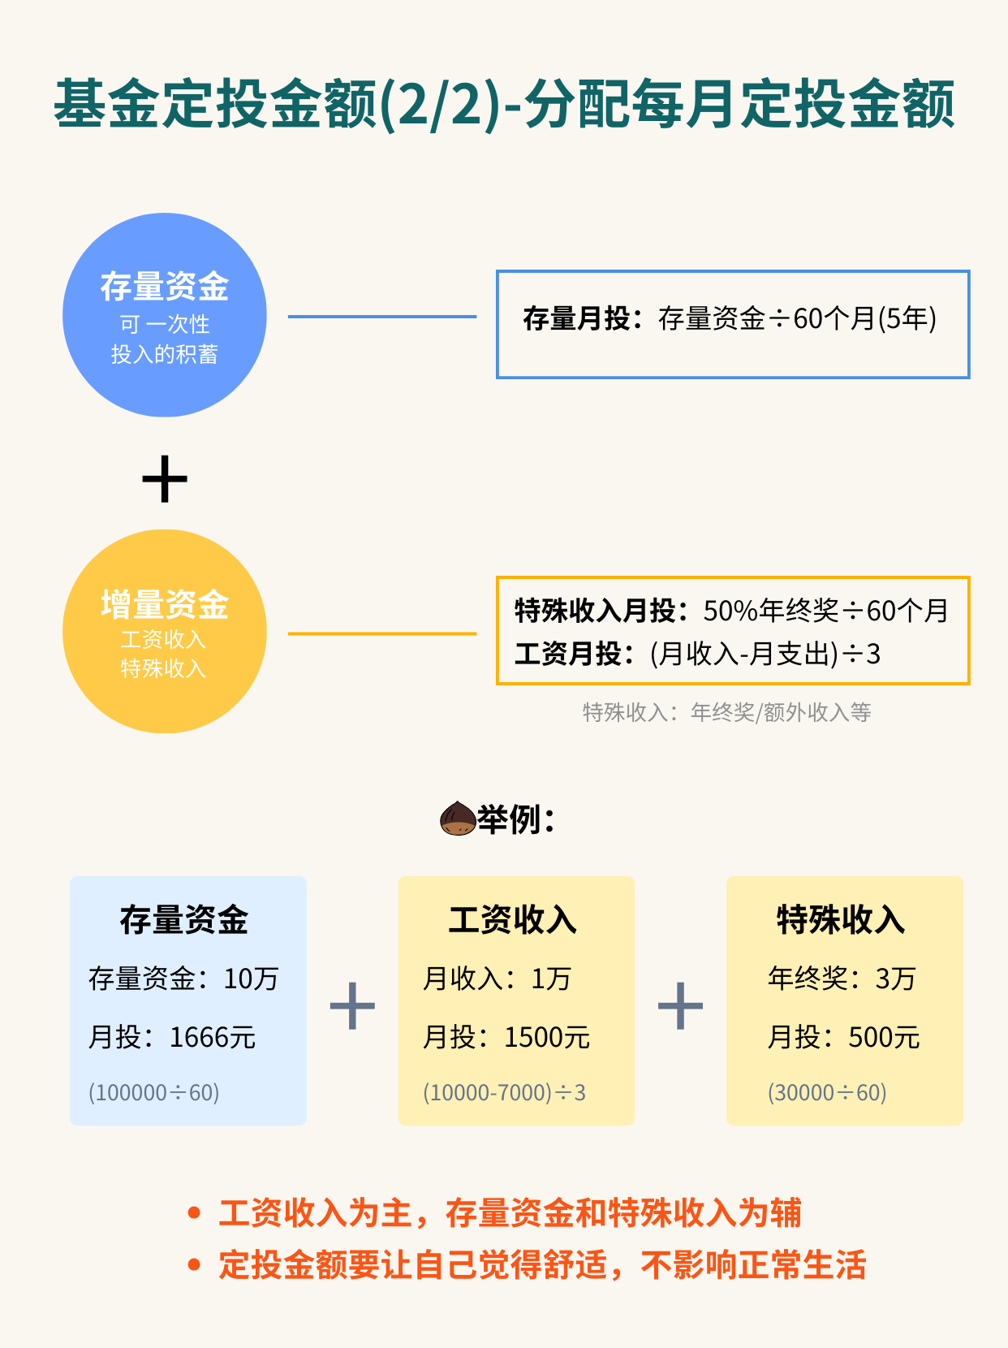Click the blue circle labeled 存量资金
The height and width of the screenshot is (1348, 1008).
pos(165,315)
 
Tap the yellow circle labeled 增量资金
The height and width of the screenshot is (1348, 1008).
pos(165,632)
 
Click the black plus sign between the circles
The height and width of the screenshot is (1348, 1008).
pos(165,478)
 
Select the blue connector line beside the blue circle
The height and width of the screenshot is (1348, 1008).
pos(382,317)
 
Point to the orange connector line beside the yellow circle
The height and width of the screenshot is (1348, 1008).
pos(382,633)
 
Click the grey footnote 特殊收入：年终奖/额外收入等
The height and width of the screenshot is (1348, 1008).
pos(726,713)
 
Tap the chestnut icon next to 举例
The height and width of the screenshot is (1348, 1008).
pos(458,819)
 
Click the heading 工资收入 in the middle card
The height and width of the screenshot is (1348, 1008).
pos(512,920)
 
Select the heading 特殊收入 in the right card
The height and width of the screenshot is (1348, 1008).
pos(841,920)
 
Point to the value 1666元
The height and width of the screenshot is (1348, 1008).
pos(213,1037)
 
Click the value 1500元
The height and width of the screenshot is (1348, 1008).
pos(547,1037)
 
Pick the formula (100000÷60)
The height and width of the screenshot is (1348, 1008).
pos(153,1093)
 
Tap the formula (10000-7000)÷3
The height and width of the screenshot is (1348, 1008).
pos(504,1093)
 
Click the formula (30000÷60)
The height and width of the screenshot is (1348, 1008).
pos(827,1093)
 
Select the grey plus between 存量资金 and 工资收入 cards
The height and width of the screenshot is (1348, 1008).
pos(352,1005)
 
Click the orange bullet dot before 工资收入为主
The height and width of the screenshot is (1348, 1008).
pos(194,1213)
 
